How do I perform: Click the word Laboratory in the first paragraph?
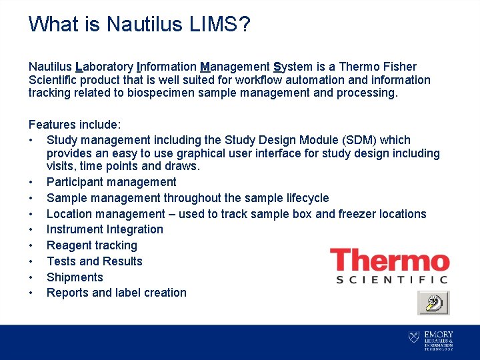coord(103,67)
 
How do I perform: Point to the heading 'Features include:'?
coord(74,125)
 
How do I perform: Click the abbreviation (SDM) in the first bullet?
coord(360,140)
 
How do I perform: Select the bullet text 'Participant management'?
coord(111,182)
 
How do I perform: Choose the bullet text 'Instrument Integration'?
coord(105,229)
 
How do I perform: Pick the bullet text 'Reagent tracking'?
coord(91,245)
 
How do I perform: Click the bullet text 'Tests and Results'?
coord(94,261)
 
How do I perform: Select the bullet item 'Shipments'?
coord(75,277)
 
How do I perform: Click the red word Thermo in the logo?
coord(390,260)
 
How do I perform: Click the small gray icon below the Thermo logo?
coord(433,303)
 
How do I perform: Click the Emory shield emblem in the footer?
coord(414,338)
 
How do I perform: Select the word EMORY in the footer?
coord(439,334)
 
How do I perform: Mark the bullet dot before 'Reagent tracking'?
coord(31,245)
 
